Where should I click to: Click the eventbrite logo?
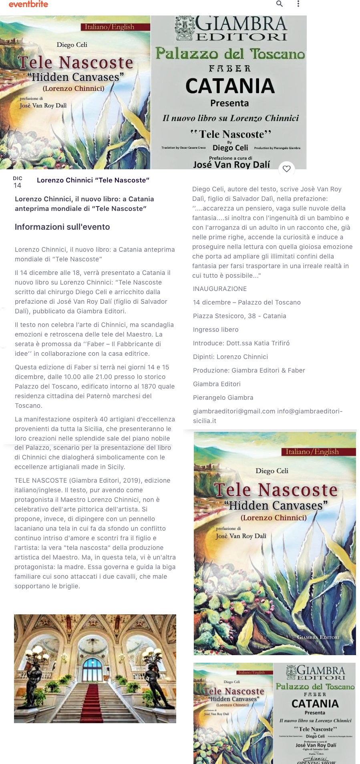pyautogui.click(x=28, y=4)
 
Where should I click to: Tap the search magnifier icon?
pyautogui.click(x=280, y=4)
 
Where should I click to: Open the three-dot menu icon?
pyautogui.click(x=298, y=4)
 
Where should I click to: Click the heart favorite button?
pyautogui.click(x=287, y=169)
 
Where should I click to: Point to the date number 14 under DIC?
pyautogui.click(x=18, y=185)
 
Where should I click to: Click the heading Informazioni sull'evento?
pyautogui.click(x=62, y=227)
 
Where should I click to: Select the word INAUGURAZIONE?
pyautogui.click(x=220, y=289)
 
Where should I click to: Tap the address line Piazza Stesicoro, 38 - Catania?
pyautogui.click(x=239, y=316)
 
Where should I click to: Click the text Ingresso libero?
pyautogui.click(x=216, y=330)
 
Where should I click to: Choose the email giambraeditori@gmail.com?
pyautogui.click(x=234, y=411)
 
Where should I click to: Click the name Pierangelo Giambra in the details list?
pyautogui.click(x=223, y=398)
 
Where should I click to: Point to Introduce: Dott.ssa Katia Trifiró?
pyautogui.click(x=241, y=343)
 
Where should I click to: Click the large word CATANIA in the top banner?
pyautogui.click(x=230, y=86)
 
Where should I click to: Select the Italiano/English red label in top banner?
pyautogui.click(x=109, y=27)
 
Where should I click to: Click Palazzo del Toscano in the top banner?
pyautogui.click(x=230, y=53)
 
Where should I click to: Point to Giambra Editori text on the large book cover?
pyautogui.click(x=318, y=637)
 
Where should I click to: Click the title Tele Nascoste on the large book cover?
pyautogui.click(x=276, y=490)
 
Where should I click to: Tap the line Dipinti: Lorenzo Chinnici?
pyautogui.click(x=230, y=357)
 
